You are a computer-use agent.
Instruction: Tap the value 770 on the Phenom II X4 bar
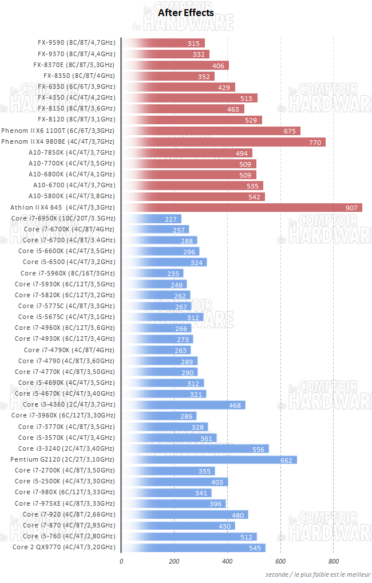315,141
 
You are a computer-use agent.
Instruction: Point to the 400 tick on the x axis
228,561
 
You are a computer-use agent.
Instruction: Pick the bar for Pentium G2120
209,460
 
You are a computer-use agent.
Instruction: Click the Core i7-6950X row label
63,218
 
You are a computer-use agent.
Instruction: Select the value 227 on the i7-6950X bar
170,219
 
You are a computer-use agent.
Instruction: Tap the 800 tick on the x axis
333,561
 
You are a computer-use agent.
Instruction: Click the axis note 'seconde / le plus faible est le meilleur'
318,574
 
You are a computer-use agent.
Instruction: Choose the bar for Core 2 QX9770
193,547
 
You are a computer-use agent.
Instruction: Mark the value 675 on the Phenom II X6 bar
290,131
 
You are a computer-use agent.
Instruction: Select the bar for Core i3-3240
195,449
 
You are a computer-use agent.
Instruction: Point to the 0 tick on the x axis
121,561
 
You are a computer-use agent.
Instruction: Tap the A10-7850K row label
72,152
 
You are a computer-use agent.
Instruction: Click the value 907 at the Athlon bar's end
351,207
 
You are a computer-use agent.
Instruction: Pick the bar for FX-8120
192,120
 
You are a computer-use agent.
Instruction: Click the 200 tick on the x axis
175,561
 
